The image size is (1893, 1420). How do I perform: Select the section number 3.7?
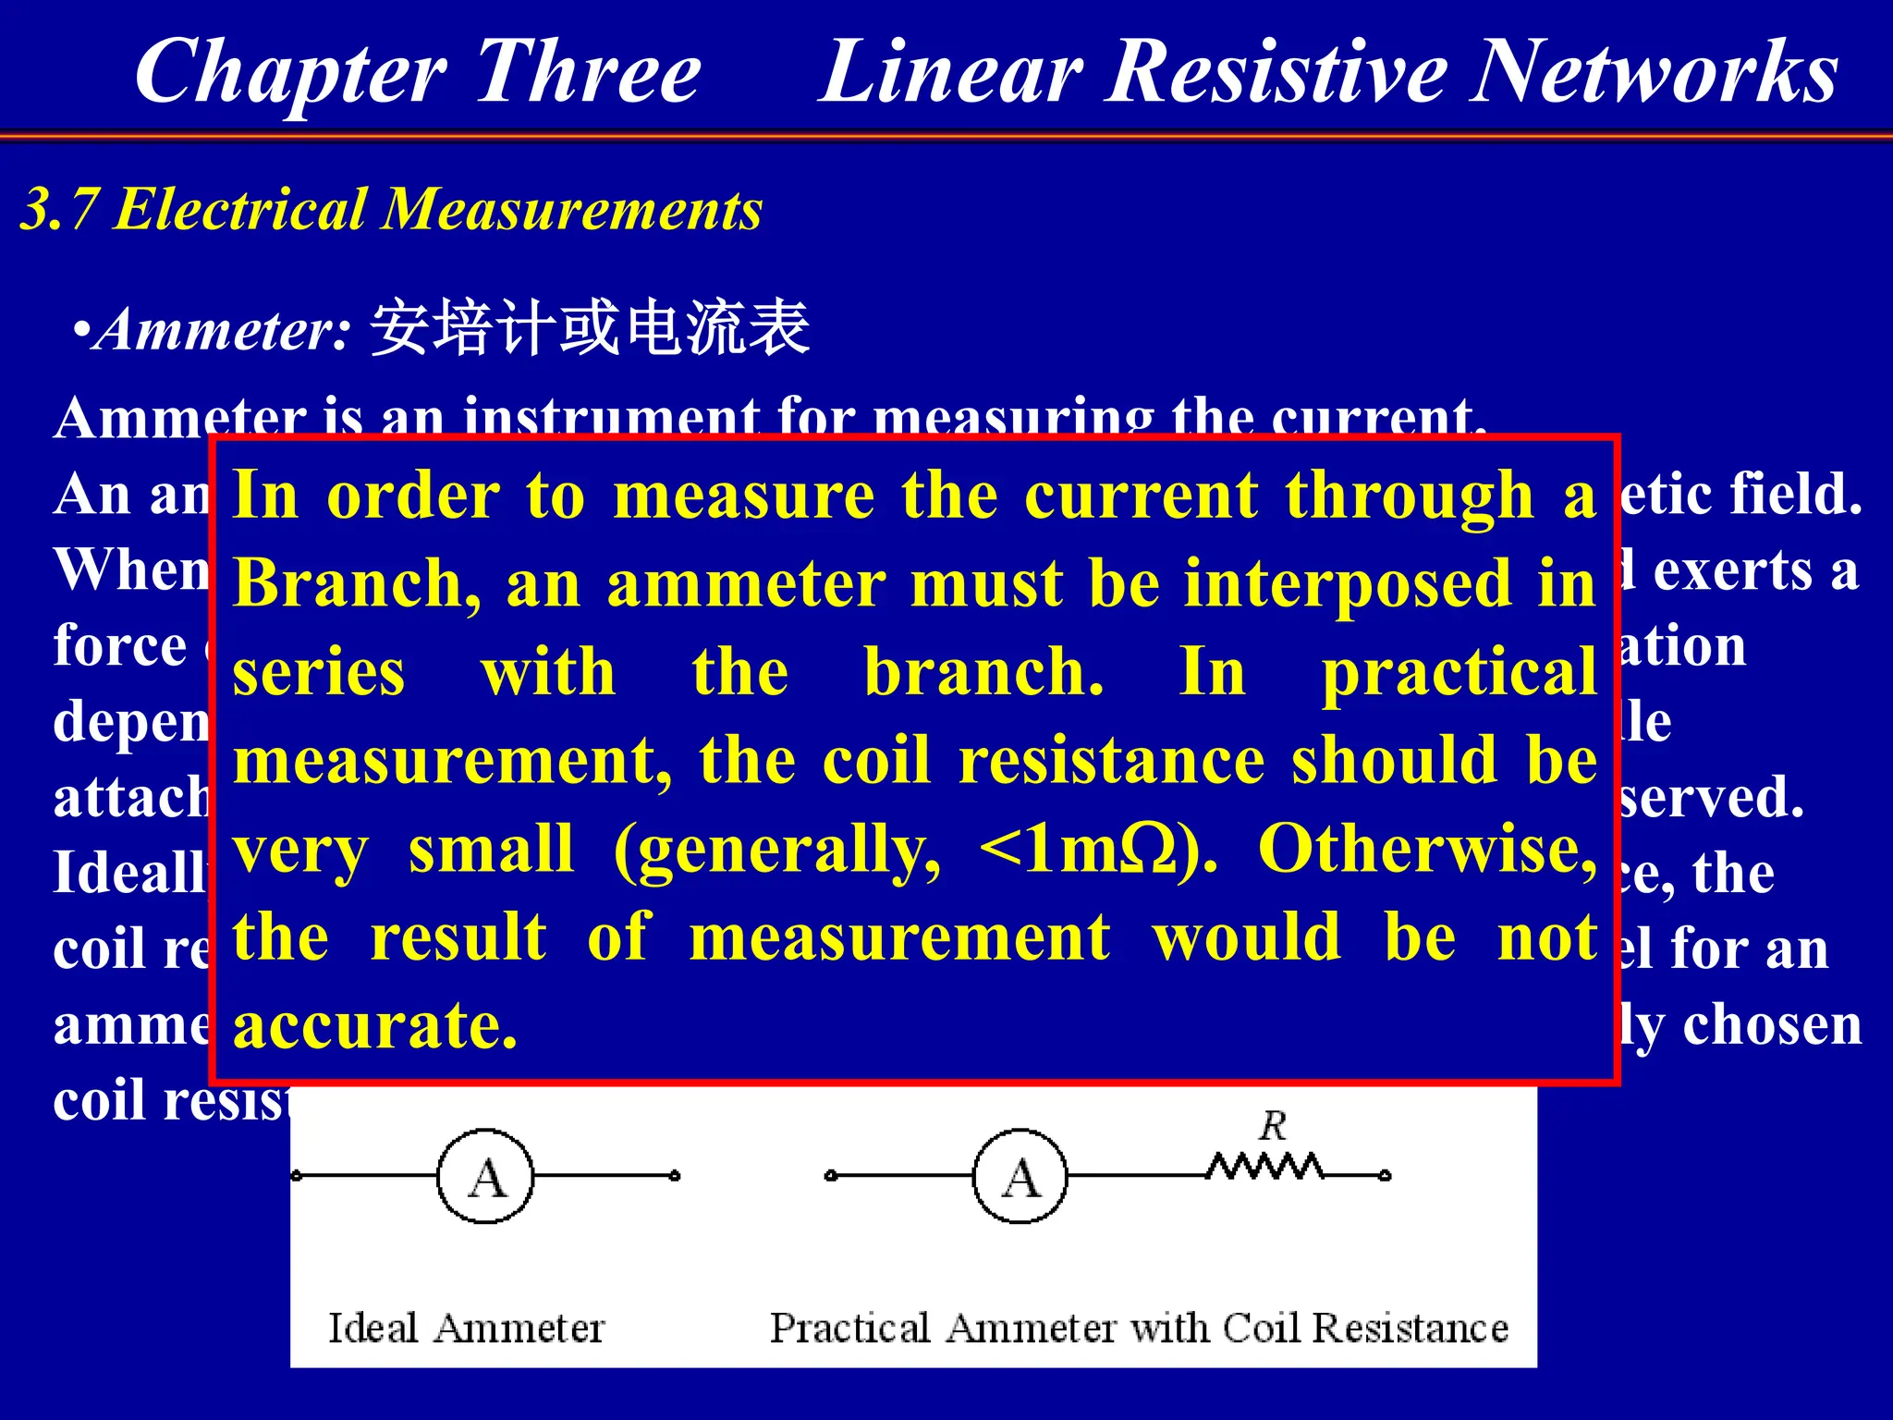[x=59, y=209]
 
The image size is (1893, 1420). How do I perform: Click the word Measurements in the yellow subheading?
[x=573, y=209]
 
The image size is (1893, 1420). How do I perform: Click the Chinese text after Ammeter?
[x=590, y=328]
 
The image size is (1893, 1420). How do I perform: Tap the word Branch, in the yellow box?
[x=357, y=584]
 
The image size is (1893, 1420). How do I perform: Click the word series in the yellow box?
[x=318, y=672]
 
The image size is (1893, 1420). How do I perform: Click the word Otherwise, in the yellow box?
[x=1427, y=849]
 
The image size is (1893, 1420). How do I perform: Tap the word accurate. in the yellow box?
[x=374, y=1025]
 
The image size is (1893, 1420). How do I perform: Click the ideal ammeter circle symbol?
[x=485, y=1176]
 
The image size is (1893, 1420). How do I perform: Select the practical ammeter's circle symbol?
[x=1020, y=1176]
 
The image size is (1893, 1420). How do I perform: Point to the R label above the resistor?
[x=1273, y=1126]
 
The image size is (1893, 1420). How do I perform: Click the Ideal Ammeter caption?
[x=466, y=1328]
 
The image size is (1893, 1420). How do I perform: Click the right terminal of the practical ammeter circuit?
[x=1385, y=1176]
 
